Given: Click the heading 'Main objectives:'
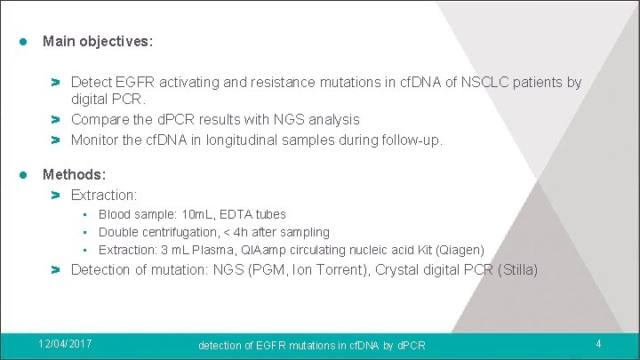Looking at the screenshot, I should click(x=98, y=42).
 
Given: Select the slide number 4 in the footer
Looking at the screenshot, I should click(x=599, y=344).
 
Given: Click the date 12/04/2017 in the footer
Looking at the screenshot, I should click(x=65, y=344).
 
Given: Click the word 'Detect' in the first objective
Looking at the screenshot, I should click(x=92, y=83).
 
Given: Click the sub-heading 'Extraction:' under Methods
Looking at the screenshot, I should click(x=104, y=195).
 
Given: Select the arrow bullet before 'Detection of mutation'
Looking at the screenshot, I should click(x=55, y=269).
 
